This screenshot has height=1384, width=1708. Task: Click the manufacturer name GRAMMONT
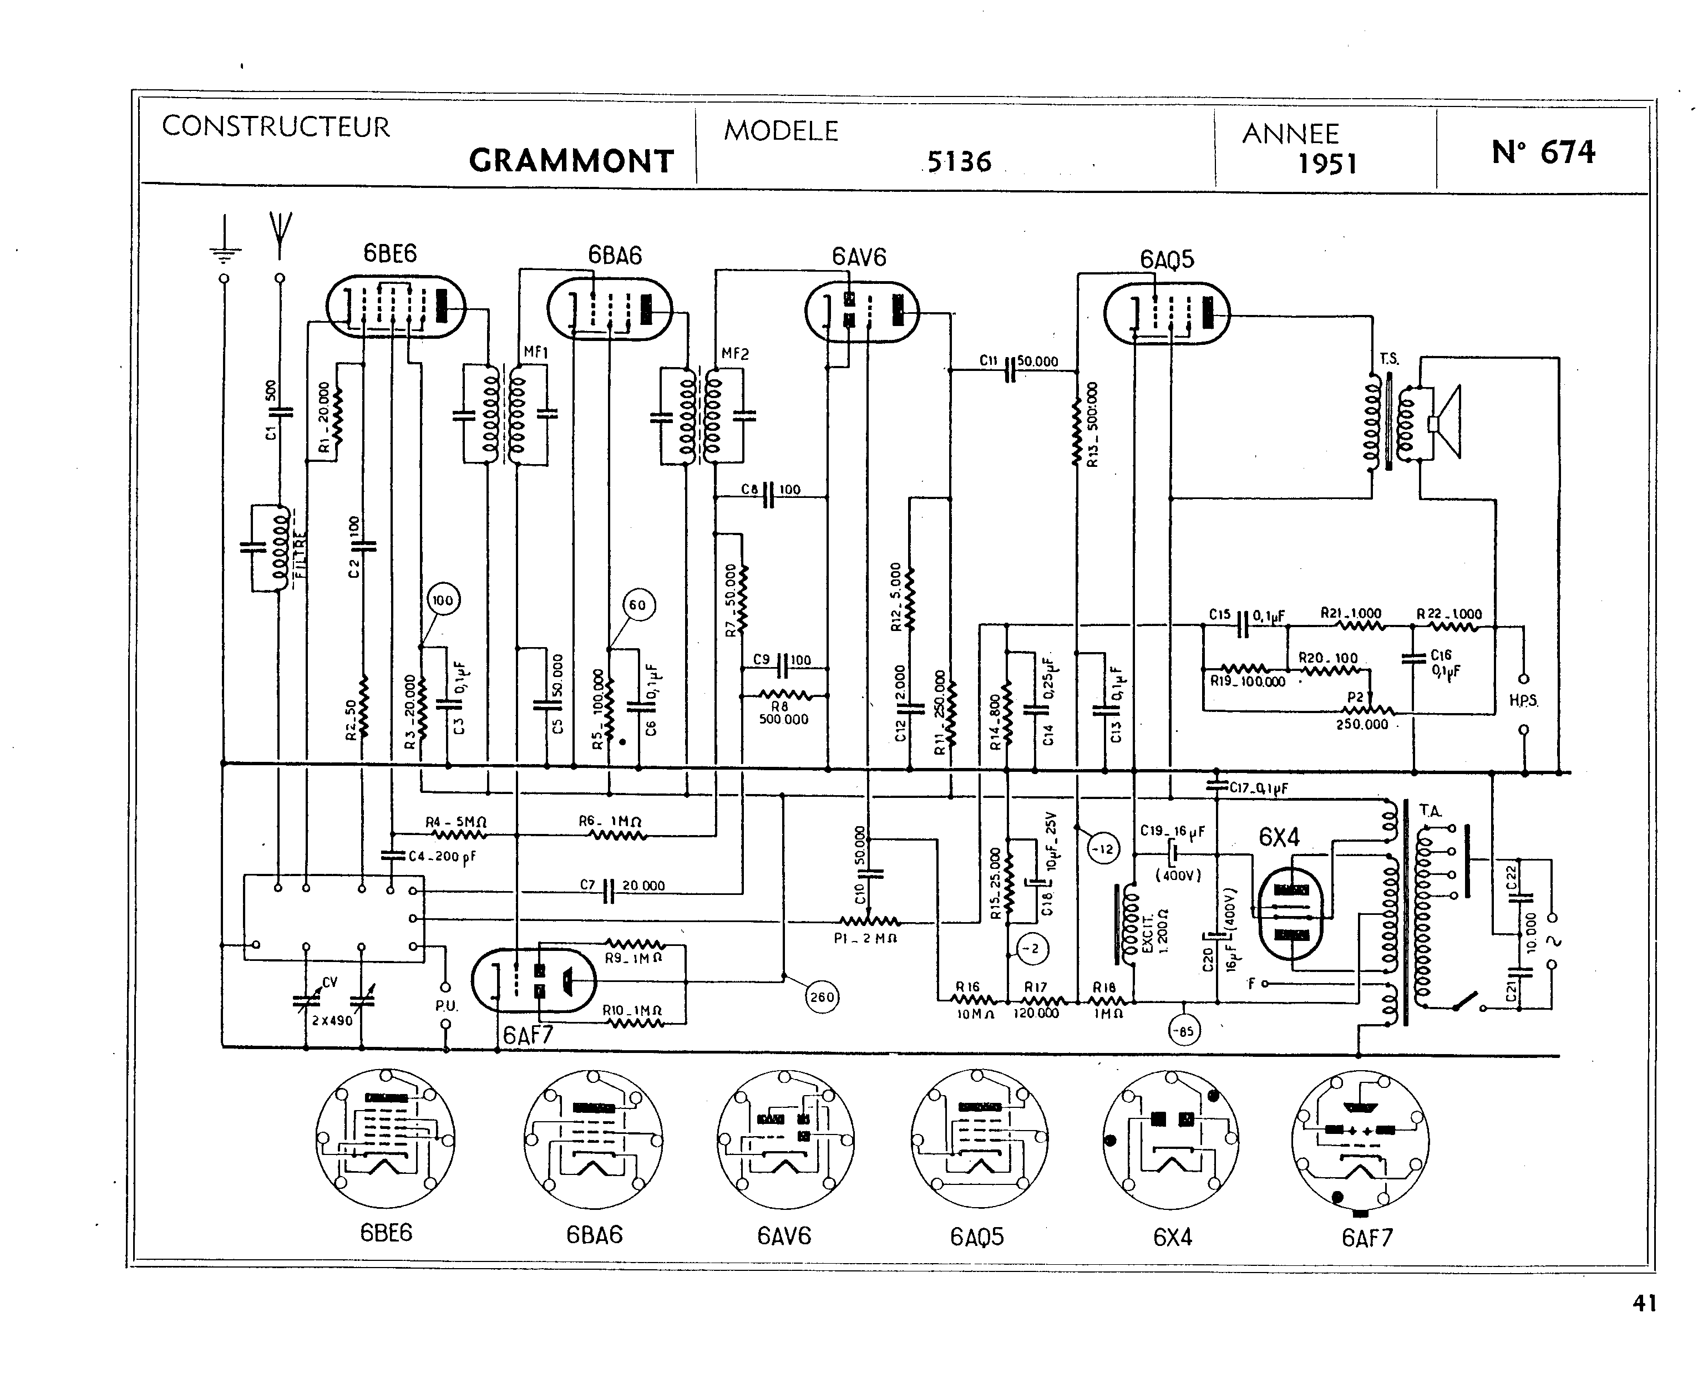point(571,161)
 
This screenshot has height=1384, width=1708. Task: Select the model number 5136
point(959,162)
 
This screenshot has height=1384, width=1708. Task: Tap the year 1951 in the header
point(1327,164)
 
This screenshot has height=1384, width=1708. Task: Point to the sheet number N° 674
point(1543,151)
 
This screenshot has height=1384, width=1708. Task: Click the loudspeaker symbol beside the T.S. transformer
point(1445,423)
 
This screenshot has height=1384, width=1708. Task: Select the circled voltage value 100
point(443,601)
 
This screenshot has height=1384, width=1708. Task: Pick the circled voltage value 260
point(822,996)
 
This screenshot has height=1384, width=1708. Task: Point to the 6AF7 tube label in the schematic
point(528,1035)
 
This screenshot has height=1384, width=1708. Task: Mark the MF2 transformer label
point(734,354)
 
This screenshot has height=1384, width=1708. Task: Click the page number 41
point(1644,1304)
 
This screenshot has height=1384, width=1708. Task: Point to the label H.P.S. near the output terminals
point(1523,701)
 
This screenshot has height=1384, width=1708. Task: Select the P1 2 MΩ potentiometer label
point(865,938)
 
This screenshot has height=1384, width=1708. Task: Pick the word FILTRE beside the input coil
point(301,550)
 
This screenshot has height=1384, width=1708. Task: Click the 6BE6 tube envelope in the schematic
point(396,307)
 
